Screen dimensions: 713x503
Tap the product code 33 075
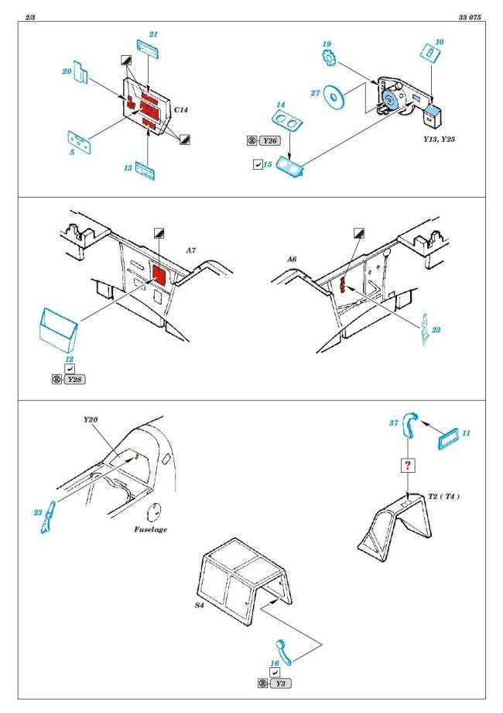click(471, 16)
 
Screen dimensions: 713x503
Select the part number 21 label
click(153, 34)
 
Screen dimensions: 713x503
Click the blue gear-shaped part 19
click(330, 58)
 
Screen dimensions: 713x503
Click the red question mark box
click(407, 465)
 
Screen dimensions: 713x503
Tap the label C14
click(181, 111)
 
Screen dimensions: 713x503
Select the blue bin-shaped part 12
click(58, 328)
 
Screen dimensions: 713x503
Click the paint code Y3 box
click(282, 683)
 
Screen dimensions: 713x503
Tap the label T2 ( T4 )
click(443, 496)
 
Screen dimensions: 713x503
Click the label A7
click(191, 250)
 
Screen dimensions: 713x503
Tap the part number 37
click(393, 423)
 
